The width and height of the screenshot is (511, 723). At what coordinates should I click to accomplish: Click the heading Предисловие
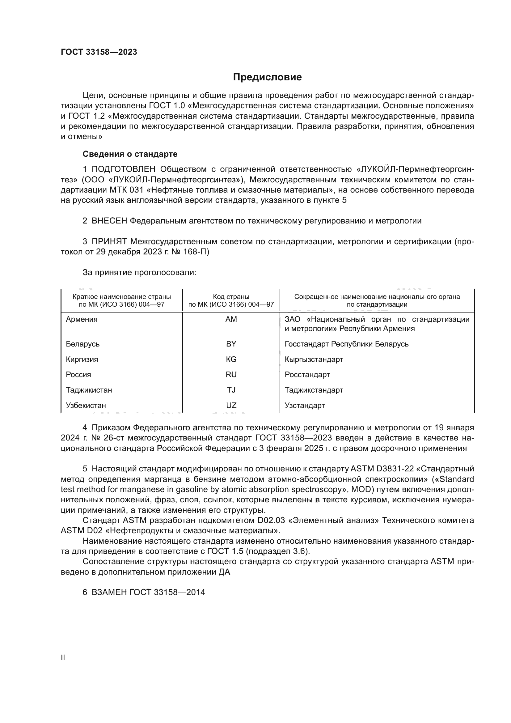267,77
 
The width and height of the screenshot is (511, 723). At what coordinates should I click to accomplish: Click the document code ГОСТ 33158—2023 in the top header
99,52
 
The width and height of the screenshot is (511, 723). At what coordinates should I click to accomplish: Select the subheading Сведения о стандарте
130,154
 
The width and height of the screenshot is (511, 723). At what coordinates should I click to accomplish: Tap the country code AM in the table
231,319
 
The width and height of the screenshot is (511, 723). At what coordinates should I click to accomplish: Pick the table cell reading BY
231,344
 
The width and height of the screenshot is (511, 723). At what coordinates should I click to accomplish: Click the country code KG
231,359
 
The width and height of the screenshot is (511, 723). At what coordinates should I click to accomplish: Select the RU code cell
231,374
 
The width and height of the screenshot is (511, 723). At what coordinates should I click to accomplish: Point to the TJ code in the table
231,390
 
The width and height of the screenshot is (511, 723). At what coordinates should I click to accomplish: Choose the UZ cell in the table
231,405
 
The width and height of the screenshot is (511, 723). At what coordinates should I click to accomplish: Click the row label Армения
82,319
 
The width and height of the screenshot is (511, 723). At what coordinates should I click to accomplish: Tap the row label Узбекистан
86,405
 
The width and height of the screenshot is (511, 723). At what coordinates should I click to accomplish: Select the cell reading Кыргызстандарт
314,359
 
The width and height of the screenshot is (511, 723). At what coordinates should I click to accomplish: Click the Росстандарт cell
307,374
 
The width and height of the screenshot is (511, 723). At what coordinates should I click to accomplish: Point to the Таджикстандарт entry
314,390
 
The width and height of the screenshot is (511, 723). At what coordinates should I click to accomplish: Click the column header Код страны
231,297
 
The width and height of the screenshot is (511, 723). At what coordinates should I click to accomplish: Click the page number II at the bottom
63,657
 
